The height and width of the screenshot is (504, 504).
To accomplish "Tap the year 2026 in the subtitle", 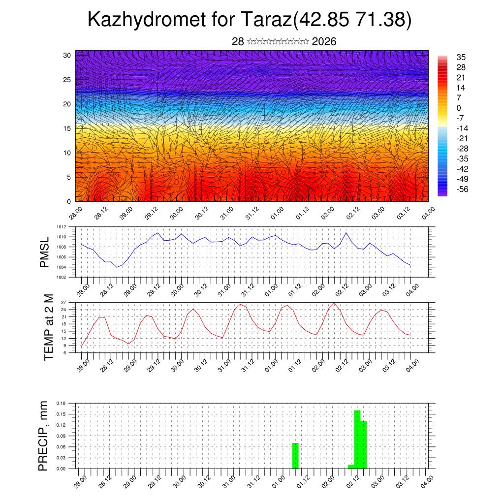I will pyautogui.click(x=324, y=42).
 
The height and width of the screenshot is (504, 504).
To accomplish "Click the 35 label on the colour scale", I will pyautogui.click(x=461, y=58).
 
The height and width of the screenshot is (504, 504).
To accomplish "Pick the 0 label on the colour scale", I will pyautogui.click(x=459, y=108).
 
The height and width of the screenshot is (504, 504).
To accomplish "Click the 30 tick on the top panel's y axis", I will pyautogui.click(x=67, y=55).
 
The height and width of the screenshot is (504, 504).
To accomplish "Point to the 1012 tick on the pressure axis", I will pyautogui.click(x=62, y=227).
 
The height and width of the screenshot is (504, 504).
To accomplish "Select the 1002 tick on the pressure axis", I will pyautogui.click(x=62, y=277).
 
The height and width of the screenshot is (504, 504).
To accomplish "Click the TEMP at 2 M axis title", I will pyautogui.click(x=48, y=327).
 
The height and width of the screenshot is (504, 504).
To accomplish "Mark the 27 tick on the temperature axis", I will pyautogui.click(x=64, y=302).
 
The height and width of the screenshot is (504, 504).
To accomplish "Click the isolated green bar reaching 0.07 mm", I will pyautogui.click(x=295, y=456).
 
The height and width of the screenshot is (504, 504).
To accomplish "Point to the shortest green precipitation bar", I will pyautogui.click(x=351, y=467).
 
